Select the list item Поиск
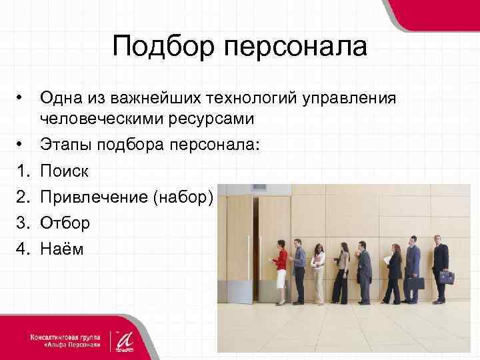[64, 172]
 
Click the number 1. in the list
[21, 172]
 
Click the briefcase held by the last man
[446, 277]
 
